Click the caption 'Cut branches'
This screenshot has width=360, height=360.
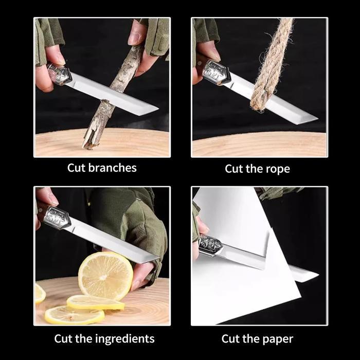[102, 168]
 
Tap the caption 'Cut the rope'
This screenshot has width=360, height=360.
[258, 169]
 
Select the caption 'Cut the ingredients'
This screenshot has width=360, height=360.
[104, 338]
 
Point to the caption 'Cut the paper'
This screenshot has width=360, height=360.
[257, 338]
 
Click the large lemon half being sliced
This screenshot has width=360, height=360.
[105, 276]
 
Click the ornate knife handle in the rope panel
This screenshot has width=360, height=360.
[214, 72]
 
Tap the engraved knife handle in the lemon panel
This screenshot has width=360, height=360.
[57, 217]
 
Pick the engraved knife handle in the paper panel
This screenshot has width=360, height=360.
[210, 245]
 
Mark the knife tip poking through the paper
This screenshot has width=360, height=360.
[309, 275]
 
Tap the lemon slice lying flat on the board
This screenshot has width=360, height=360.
[95, 303]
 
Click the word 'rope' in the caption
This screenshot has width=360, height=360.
[279, 169]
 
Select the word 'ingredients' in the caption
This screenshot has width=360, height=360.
[124, 338]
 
